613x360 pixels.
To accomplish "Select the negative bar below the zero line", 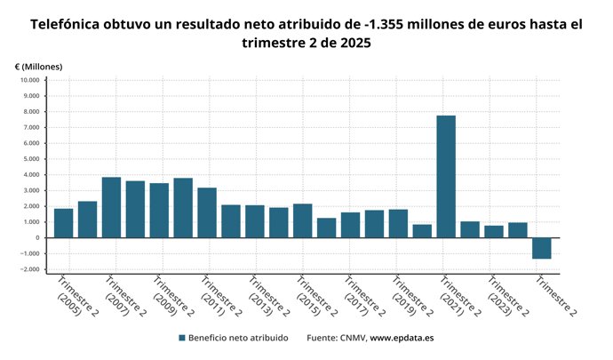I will (542, 248).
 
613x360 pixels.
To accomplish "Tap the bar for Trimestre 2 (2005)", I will (63, 223).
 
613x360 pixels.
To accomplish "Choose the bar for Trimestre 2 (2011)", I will (207, 212).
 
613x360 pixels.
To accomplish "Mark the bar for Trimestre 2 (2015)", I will (303, 220).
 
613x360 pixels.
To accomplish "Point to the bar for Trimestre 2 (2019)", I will (398, 223).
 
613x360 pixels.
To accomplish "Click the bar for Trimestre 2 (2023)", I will (494, 231).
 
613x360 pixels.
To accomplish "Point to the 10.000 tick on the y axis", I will (29, 81).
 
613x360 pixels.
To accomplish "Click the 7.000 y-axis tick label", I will (31, 128).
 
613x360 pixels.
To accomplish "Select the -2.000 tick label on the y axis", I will (29, 269).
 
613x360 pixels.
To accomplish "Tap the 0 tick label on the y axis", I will (37, 238).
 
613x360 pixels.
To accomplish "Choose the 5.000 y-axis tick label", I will (31, 159).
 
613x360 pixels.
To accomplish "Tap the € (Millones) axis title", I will (38, 67).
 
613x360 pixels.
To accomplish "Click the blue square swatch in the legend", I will (181, 338).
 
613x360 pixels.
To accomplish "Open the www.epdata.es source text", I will (402, 338).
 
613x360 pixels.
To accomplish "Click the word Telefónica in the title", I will (70, 25).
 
